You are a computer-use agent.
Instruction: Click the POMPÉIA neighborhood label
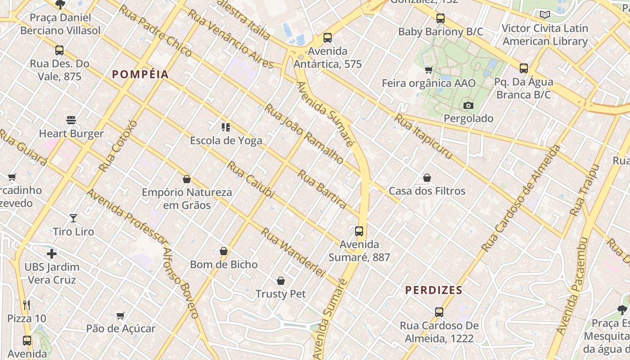point(140,75)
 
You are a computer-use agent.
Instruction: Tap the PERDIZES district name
point(434,290)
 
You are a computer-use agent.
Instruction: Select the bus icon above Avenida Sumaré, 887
point(359,231)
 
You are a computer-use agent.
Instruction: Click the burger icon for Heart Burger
point(71,120)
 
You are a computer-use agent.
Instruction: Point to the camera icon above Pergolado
point(468,106)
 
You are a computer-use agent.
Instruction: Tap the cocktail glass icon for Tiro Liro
point(73,218)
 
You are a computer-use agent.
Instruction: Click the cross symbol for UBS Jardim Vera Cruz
point(52,254)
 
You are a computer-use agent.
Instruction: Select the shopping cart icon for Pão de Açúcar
point(120,315)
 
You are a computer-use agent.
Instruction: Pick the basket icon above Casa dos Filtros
point(427,178)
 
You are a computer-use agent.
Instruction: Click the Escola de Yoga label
point(226,141)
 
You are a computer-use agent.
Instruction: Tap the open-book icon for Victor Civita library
point(545,15)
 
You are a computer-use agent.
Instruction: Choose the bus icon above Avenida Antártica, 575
point(328,38)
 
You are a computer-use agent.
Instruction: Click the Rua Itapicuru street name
point(423,137)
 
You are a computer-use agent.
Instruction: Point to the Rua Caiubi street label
point(250,180)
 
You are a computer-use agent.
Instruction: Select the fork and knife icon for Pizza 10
point(27,305)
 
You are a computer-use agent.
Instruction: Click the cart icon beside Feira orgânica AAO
point(428,70)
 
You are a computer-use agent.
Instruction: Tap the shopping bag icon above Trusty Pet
point(281,281)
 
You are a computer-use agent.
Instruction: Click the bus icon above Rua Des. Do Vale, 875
point(59,50)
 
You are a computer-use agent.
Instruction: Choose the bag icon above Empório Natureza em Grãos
point(187,179)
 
